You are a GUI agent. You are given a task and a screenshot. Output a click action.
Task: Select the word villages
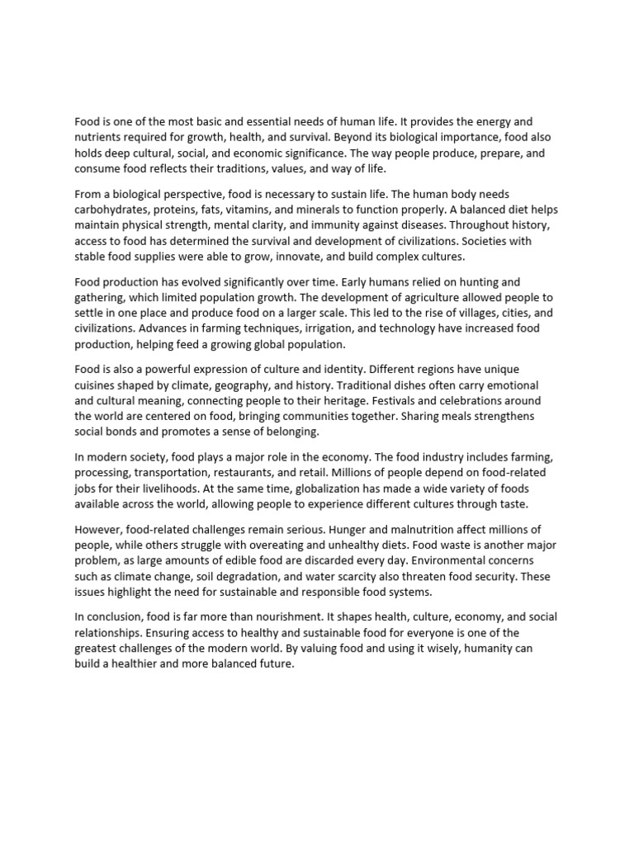point(433,314)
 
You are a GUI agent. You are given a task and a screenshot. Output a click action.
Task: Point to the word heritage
point(334,400)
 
